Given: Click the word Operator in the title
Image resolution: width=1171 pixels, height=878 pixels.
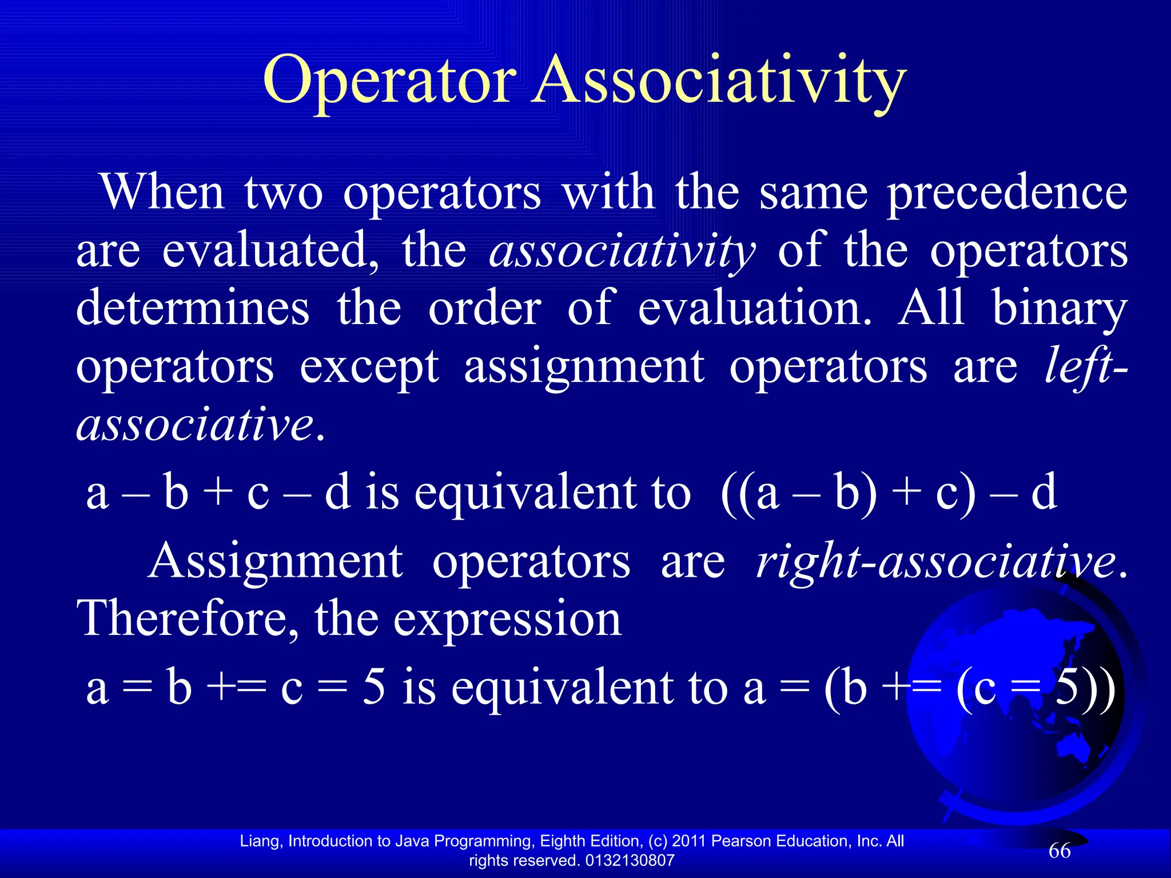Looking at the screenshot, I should tap(389, 80).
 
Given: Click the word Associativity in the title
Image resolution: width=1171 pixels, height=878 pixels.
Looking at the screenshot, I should tap(719, 80).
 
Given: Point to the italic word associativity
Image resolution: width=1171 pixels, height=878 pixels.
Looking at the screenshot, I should tap(622, 252).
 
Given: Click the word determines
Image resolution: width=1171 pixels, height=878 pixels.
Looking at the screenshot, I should tap(193, 308).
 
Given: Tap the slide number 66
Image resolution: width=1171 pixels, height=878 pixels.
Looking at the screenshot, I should tap(1060, 851).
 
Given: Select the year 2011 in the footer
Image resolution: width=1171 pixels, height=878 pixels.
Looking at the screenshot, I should tap(689, 841).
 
